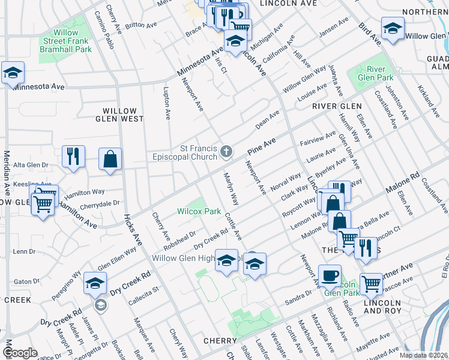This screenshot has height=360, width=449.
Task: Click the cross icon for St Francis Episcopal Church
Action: coord(226,152)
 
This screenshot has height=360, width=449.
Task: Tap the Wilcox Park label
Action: coord(199,212)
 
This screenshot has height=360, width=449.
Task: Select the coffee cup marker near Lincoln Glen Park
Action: coord(329,275)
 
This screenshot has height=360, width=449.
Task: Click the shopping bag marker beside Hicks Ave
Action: coord(110,160)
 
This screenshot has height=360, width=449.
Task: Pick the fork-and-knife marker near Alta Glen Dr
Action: coord(74,157)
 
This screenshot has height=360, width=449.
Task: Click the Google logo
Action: coord(19,353)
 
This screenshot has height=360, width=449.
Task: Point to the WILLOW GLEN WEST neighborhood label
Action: coord(123,115)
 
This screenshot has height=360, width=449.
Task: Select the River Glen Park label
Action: coord(375,73)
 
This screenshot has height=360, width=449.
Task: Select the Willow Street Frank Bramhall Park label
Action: coord(66,41)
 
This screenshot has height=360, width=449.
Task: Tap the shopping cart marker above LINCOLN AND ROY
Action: coord(372,283)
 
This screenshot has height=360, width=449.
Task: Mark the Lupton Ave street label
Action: coord(166,98)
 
